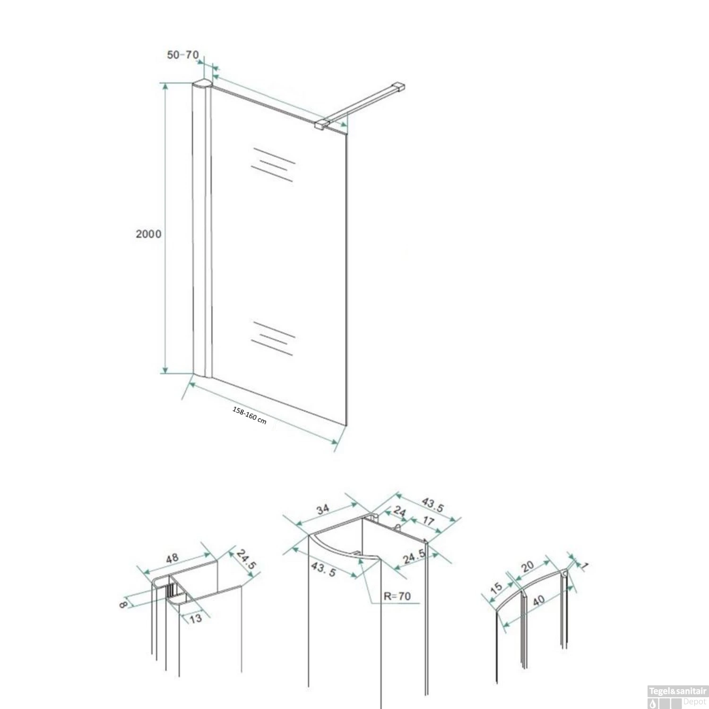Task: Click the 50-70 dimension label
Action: pyautogui.click(x=182, y=55)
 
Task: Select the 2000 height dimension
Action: pyautogui.click(x=148, y=233)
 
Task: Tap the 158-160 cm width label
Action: pyautogui.click(x=249, y=415)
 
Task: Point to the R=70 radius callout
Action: pyautogui.click(x=397, y=596)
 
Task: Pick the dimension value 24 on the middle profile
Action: pyautogui.click(x=399, y=511)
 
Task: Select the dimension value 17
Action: pyautogui.click(x=428, y=521)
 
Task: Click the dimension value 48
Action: pyautogui.click(x=172, y=558)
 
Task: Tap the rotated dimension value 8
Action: pyautogui.click(x=123, y=604)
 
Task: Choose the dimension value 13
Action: pyautogui.click(x=195, y=618)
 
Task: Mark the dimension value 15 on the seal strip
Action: pyautogui.click(x=496, y=588)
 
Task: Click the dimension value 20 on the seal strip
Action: pyautogui.click(x=527, y=566)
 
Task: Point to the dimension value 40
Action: pyautogui.click(x=538, y=600)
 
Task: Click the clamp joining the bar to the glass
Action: pyautogui.click(x=321, y=124)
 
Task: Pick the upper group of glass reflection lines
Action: pyautogui.click(x=273, y=164)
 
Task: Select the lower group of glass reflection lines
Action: pyautogui.click(x=273, y=338)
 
